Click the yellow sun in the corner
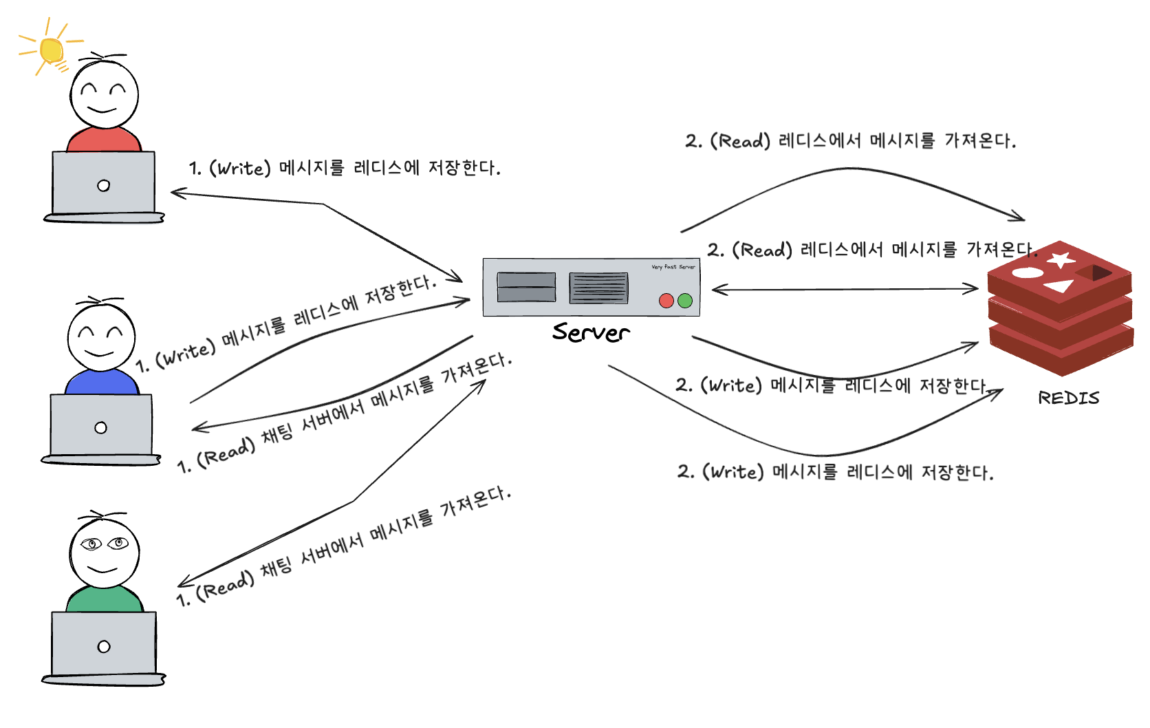pyautogui.click(x=51, y=50)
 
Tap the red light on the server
pyautogui.click(x=666, y=300)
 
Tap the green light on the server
pyautogui.click(x=685, y=300)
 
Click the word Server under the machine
pyautogui.click(x=591, y=332)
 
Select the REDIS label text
pyautogui.click(x=1068, y=398)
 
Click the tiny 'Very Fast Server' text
pyautogui.click(x=673, y=267)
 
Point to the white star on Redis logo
pyautogui.click(x=1061, y=260)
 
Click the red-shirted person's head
pyautogui.click(x=104, y=95)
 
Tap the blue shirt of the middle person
pyautogui.click(x=102, y=383)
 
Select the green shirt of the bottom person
pyautogui.click(x=105, y=599)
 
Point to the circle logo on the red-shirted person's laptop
pyautogui.click(x=104, y=185)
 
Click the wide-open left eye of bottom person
pyautogui.click(x=91, y=544)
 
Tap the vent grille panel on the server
pyautogui.click(x=598, y=288)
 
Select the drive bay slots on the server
pyautogui.click(x=526, y=287)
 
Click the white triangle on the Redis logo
pyautogui.click(x=1059, y=285)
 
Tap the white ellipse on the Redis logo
pyautogui.click(x=1027, y=272)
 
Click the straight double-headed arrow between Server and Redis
pyautogui.click(x=845, y=289)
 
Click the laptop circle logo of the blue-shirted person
pyautogui.click(x=101, y=428)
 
